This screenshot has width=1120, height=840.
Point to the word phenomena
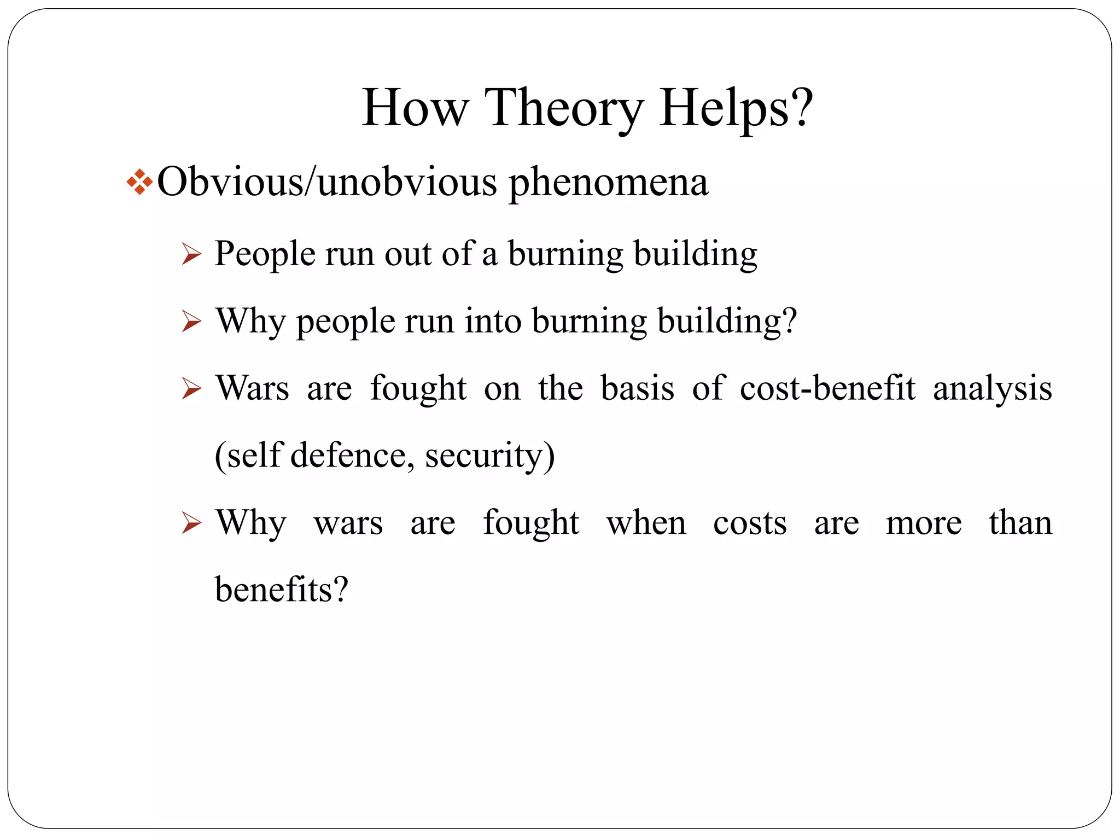pyautogui.click(x=609, y=183)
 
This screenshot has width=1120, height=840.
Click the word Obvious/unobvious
pyautogui.click(x=327, y=182)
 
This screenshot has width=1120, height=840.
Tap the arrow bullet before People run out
pyautogui.click(x=191, y=254)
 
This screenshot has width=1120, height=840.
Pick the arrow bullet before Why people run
pyautogui.click(x=191, y=322)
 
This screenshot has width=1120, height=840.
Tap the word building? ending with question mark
pyautogui.click(x=727, y=322)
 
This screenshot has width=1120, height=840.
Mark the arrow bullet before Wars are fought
pyautogui.click(x=191, y=389)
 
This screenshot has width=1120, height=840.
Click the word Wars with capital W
pyautogui.click(x=252, y=389)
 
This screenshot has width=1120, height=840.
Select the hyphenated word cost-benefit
pyautogui.click(x=827, y=389)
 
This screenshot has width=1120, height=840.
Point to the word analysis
pyautogui.click(x=992, y=389)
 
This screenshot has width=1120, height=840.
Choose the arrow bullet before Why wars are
pyautogui.click(x=191, y=523)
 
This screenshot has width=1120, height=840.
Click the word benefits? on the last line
pyautogui.click(x=282, y=591)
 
